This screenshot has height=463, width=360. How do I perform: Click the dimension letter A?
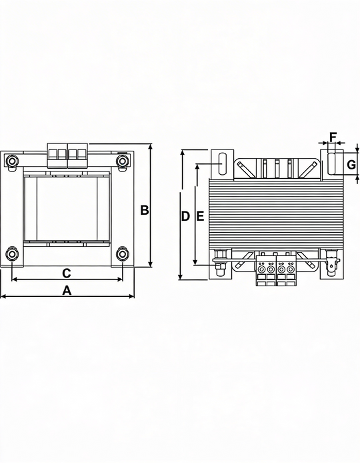click(67, 291)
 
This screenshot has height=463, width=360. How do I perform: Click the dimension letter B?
click(144, 210)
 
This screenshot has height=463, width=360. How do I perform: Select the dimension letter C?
click(67, 273)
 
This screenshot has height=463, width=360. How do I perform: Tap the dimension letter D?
click(185, 216)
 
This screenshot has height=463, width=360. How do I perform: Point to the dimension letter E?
click(201, 216)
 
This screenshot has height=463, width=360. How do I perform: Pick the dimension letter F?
click(333, 137)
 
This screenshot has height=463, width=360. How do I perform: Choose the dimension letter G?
click(351, 165)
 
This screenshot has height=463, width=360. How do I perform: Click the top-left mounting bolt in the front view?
click(12, 161)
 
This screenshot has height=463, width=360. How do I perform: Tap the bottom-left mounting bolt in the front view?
click(12, 255)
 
